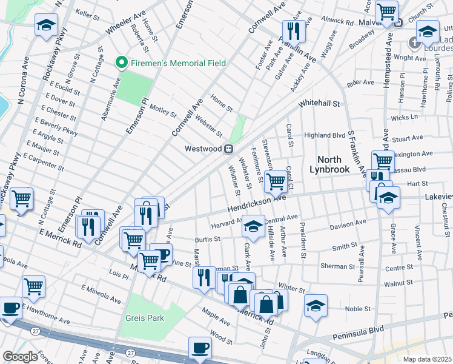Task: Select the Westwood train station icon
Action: pyautogui.click(x=229, y=149)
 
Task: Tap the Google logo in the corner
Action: pyautogui.click(x=20, y=357)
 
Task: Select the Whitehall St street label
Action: pyautogui.click(x=319, y=104)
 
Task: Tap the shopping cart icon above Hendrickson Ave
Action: pyautogui.click(x=276, y=181)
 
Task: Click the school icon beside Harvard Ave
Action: pyautogui.click(x=253, y=227)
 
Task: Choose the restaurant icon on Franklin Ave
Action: pyautogui.click(x=293, y=31)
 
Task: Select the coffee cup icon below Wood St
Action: pyautogui.click(x=200, y=348)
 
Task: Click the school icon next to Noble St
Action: pyautogui.click(x=316, y=306)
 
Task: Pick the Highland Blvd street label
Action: pyautogui.click(x=325, y=135)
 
